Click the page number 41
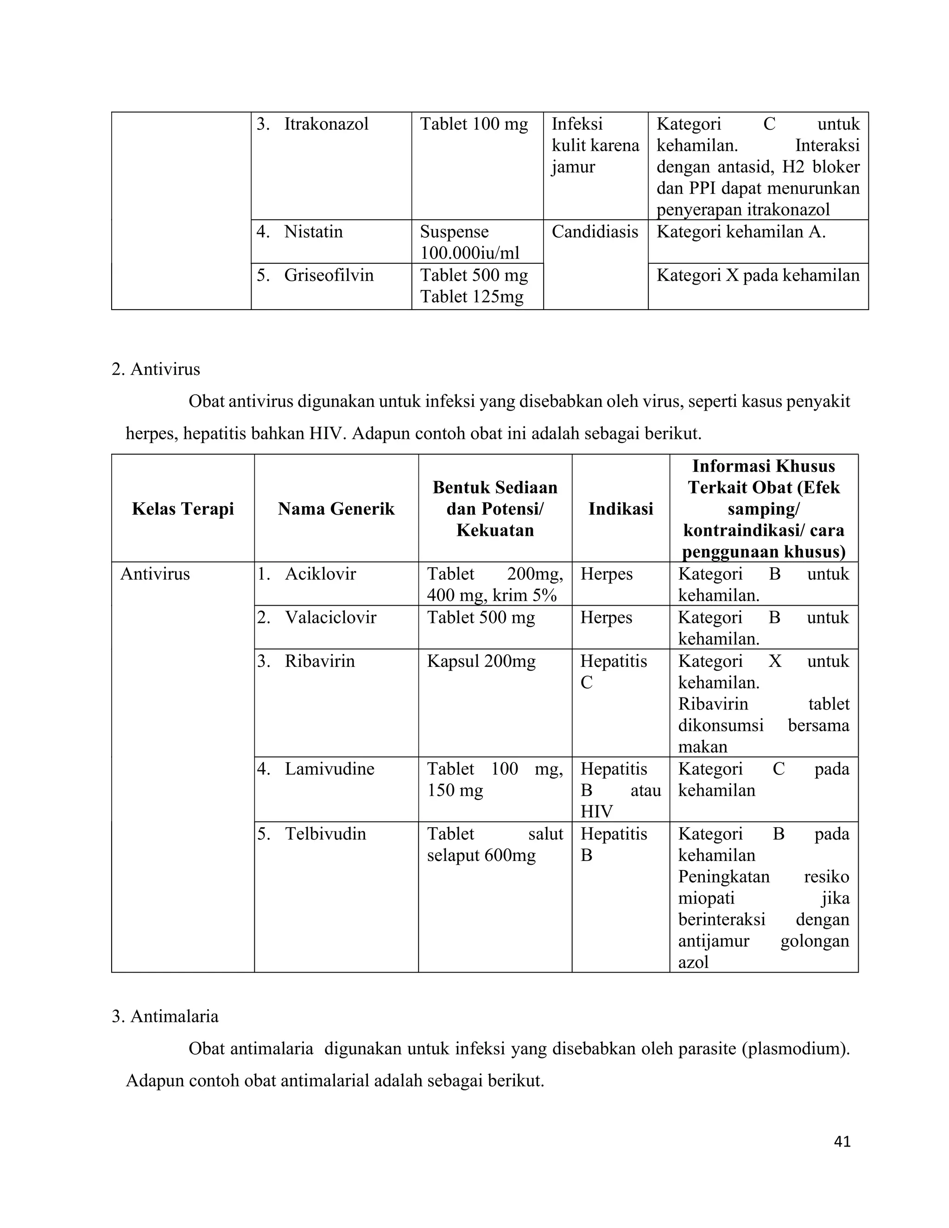[x=842, y=1141]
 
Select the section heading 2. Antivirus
[x=156, y=369]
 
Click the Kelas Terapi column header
[x=183, y=509]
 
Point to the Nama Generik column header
[x=336, y=509]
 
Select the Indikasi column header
[x=620, y=509]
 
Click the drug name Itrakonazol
[x=326, y=124]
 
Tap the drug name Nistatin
[x=313, y=232]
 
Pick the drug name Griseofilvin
[x=329, y=275]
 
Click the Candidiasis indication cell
[x=595, y=232]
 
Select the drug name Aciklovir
[x=321, y=574]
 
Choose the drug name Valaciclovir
[x=330, y=617]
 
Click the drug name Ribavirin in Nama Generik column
[x=320, y=661]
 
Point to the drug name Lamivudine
[x=329, y=769]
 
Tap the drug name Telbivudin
[x=325, y=833]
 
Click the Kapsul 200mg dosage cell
[x=481, y=661]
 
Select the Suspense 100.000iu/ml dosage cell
[x=469, y=242]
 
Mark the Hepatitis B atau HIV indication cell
[x=620, y=790]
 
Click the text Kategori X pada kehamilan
[x=758, y=275]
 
